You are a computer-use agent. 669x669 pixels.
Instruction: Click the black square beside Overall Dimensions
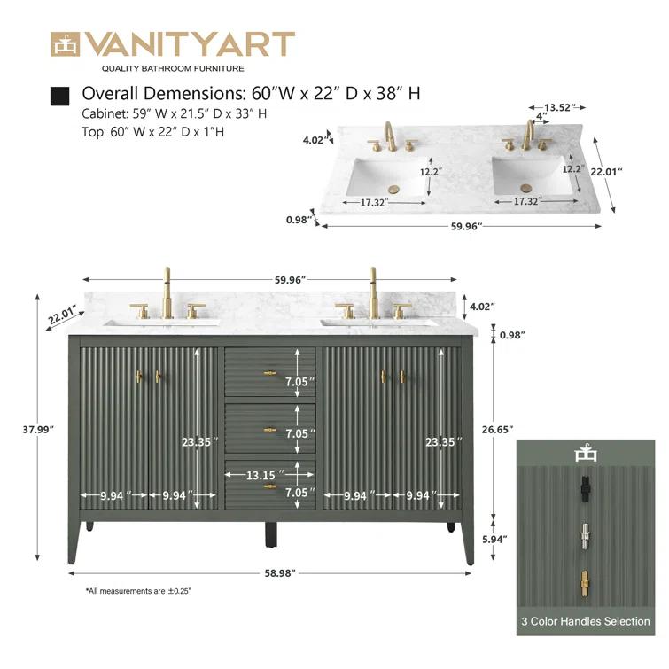tap(60, 95)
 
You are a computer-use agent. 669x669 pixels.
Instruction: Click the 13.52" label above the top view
tap(559, 107)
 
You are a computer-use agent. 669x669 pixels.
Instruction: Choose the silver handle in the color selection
tap(584, 535)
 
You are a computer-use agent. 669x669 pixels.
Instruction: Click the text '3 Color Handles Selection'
tap(585, 621)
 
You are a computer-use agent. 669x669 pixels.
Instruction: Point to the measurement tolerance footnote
tap(138, 591)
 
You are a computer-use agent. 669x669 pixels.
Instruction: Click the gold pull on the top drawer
tap(269, 372)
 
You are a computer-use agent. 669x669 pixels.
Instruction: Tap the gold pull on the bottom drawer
tap(269, 486)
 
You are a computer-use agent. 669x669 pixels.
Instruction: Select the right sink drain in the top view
tap(526, 188)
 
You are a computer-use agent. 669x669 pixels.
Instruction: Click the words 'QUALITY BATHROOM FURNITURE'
tap(173, 68)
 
